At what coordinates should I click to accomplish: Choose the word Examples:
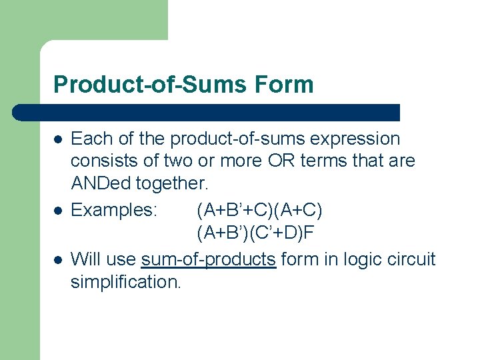tap(114, 210)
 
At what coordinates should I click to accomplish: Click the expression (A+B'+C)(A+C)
tap(259, 210)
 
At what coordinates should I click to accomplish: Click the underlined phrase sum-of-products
tap(209, 259)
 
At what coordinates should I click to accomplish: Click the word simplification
tap(125, 282)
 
